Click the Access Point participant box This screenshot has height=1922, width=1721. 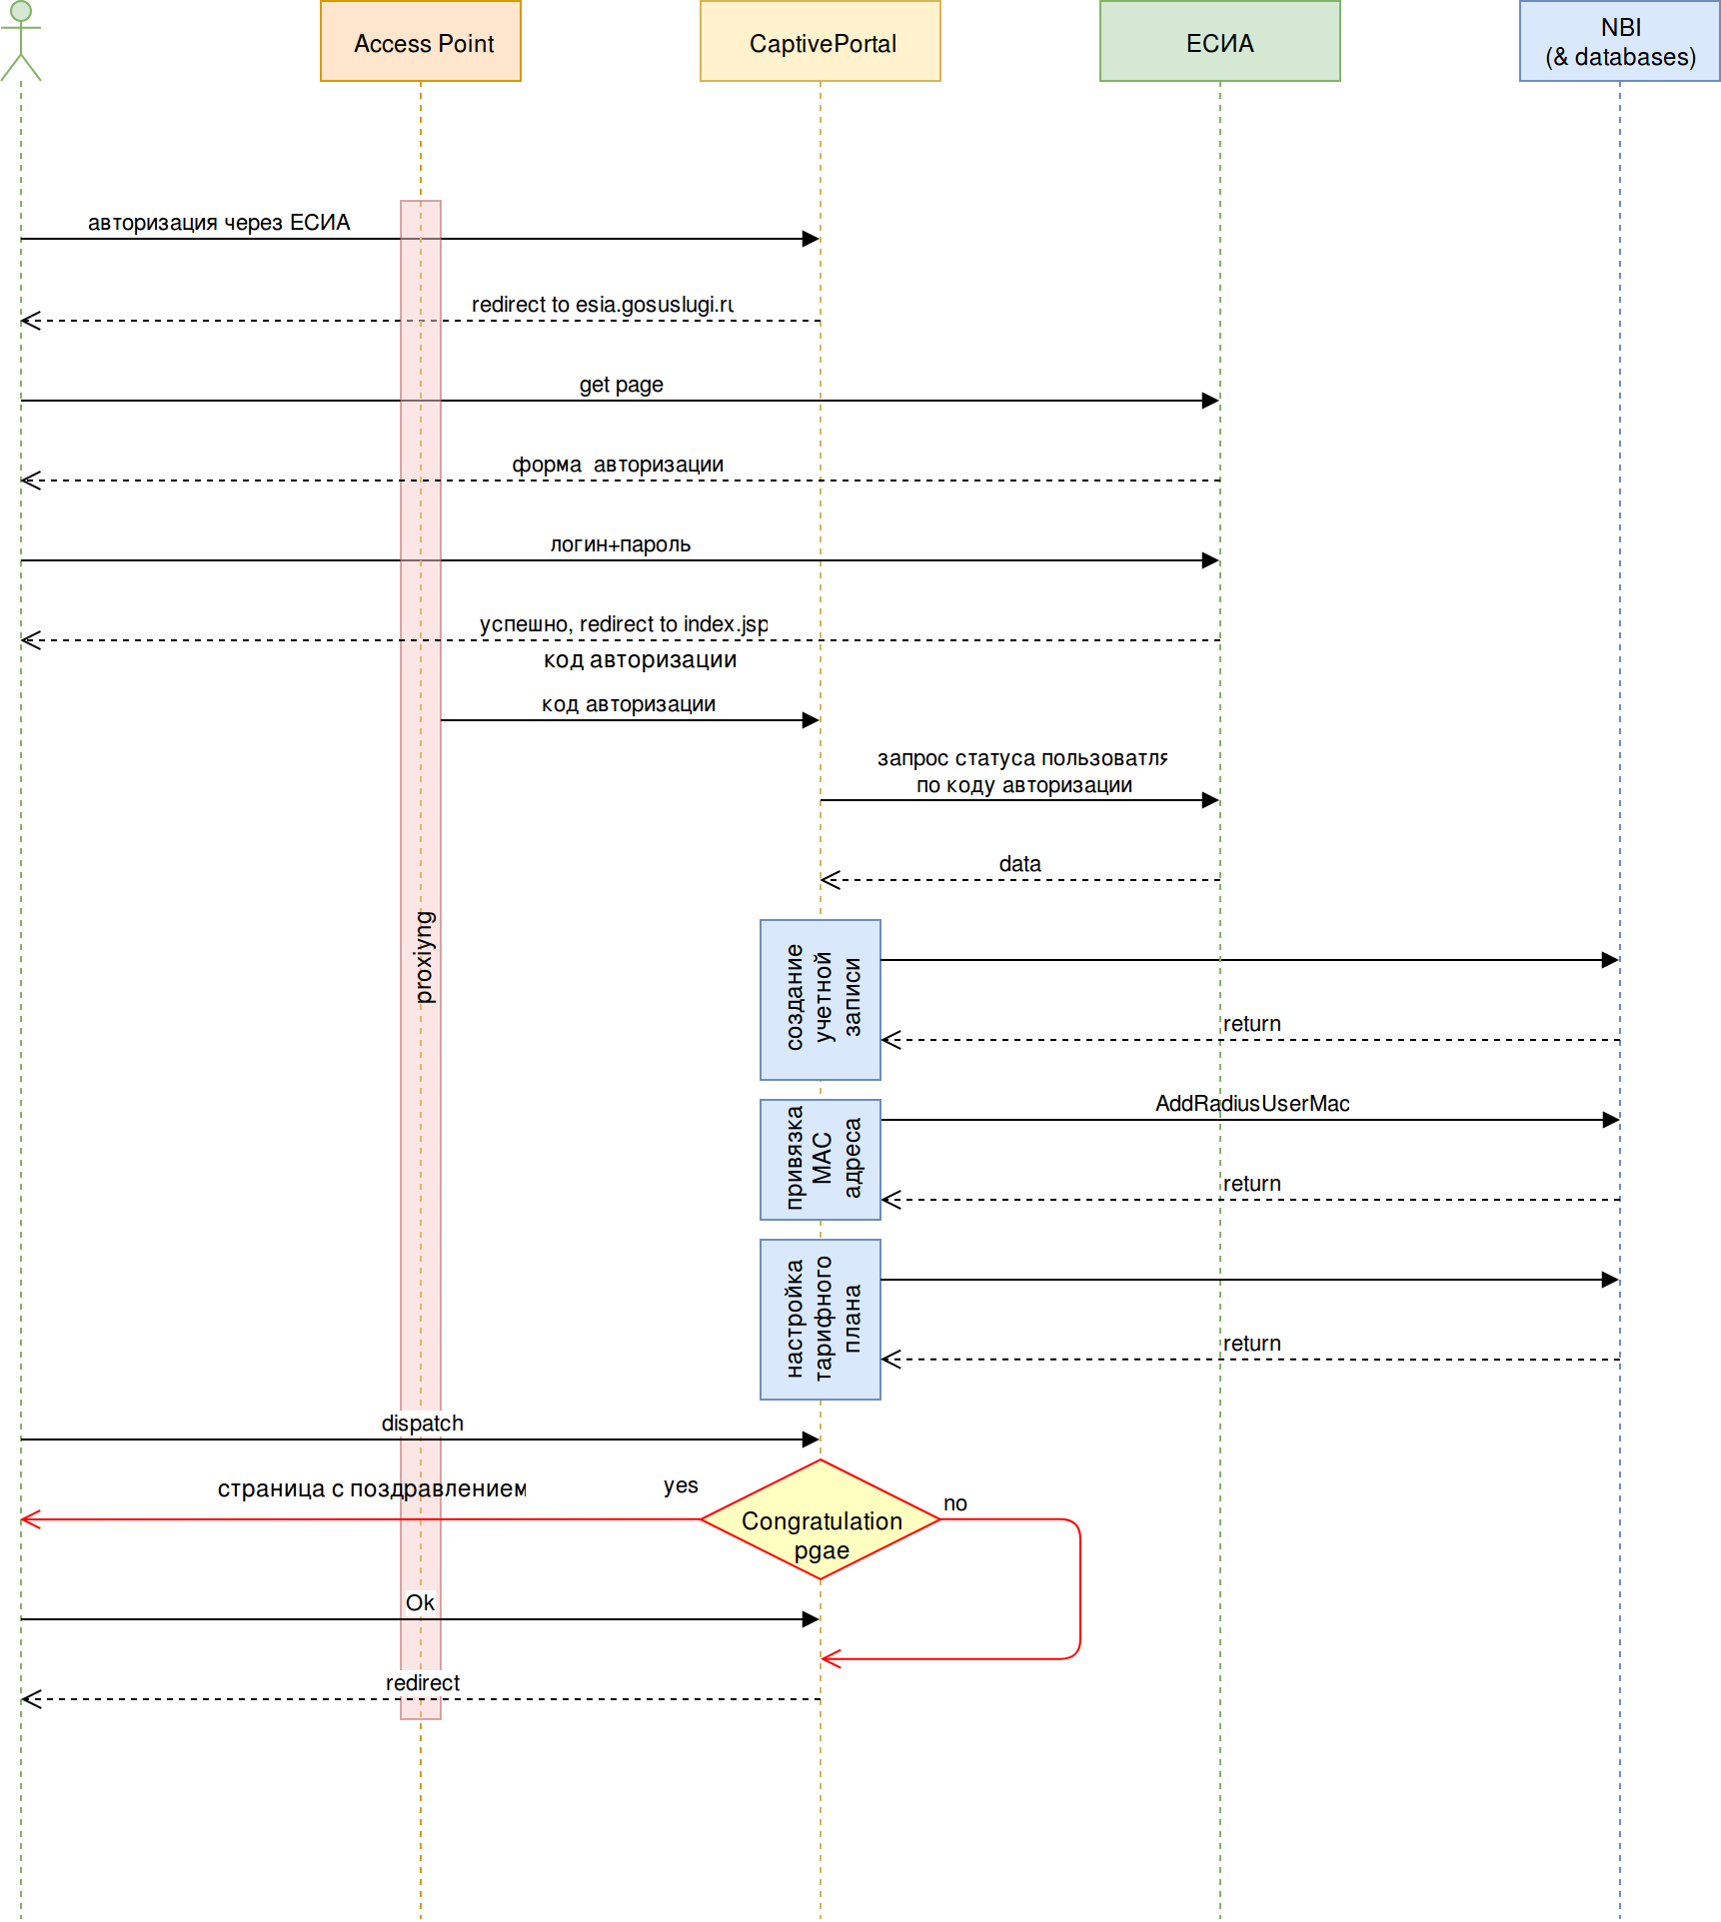[x=421, y=42]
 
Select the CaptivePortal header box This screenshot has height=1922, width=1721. [x=821, y=42]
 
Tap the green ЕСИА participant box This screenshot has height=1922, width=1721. [x=1219, y=42]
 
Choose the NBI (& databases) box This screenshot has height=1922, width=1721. [x=1619, y=42]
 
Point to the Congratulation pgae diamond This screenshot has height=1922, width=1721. [x=821, y=1519]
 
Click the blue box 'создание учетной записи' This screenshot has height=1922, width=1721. [x=821, y=999]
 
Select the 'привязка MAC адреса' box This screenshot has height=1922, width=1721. [x=821, y=1159]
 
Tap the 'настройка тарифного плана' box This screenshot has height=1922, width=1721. [x=821, y=1319]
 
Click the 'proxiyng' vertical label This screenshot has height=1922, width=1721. [x=425, y=957]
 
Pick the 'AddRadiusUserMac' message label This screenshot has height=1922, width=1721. [x=1252, y=1104]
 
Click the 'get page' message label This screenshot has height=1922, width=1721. [x=621, y=385]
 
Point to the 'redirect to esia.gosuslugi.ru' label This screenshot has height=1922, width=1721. [x=602, y=305]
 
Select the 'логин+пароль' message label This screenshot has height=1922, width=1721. [x=620, y=544]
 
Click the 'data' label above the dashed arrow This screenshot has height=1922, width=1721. [x=1019, y=864]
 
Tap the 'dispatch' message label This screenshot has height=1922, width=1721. [x=422, y=1424]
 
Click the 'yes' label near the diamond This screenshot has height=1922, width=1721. [x=681, y=1485]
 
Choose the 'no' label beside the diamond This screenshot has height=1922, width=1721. [x=954, y=1503]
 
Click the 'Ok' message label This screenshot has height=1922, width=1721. [x=420, y=1603]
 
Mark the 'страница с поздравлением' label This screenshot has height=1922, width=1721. [x=372, y=1488]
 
